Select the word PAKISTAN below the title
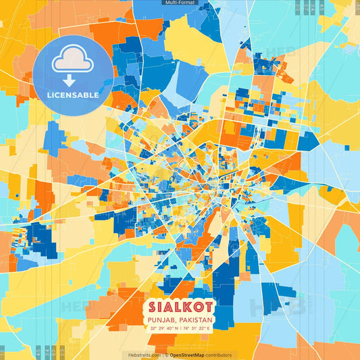(197, 319)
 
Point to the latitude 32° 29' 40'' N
(163, 328)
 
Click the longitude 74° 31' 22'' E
(197, 328)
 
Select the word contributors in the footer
(220, 355)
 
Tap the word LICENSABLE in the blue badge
(73, 95)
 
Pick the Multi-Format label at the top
(180, 3)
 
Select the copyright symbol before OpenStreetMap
(167, 355)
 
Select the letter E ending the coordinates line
(209, 328)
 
